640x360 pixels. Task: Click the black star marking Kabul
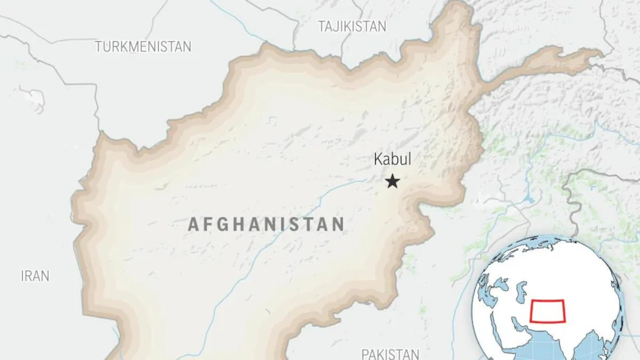click(393, 181)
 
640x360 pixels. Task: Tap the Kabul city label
click(392, 159)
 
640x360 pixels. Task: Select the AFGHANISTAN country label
click(266, 224)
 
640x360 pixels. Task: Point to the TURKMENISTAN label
click(143, 46)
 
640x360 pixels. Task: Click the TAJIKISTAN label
click(352, 27)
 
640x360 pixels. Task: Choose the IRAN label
click(35, 276)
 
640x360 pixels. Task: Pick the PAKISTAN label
click(390, 353)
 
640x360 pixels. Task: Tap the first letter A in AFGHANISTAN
click(194, 224)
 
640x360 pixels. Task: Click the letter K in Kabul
click(378, 159)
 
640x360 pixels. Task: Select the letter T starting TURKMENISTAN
click(99, 46)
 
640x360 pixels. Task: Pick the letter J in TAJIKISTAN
click(339, 27)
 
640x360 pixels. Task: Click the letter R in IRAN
click(29, 276)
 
